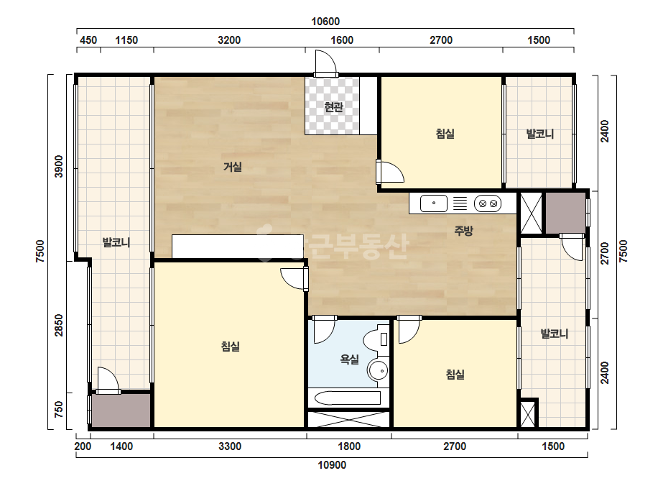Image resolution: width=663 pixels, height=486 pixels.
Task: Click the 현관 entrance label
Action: (333, 106)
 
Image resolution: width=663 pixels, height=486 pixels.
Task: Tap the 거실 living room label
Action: (232, 167)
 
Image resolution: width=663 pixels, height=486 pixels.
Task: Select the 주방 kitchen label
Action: (463, 231)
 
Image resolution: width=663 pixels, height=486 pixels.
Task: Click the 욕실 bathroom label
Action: (349, 359)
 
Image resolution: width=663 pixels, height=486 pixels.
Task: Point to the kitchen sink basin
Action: (433, 203)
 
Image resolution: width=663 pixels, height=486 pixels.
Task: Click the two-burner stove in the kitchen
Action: (488, 203)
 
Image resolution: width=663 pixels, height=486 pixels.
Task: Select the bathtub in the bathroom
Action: (348, 398)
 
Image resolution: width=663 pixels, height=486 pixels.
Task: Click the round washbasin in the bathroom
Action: (378, 371)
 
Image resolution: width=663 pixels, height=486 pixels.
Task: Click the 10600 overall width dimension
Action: (325, 21)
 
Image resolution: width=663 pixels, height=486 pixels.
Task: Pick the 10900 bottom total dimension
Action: (332, 465)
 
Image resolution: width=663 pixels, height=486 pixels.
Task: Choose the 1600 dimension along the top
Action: (342, 40)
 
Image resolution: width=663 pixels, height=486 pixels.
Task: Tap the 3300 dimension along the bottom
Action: (230, 446)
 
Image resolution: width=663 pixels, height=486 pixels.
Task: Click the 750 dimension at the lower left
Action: (59, 409)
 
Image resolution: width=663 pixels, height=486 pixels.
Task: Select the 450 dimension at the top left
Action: (88, 40)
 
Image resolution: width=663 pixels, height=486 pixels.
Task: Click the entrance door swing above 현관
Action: (326, 63)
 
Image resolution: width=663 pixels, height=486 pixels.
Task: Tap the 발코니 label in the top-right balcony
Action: (539, 134)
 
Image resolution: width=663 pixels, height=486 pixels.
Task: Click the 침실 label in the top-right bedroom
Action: (445, 134)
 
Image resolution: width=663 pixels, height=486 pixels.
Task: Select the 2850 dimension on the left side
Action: (59, 325)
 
